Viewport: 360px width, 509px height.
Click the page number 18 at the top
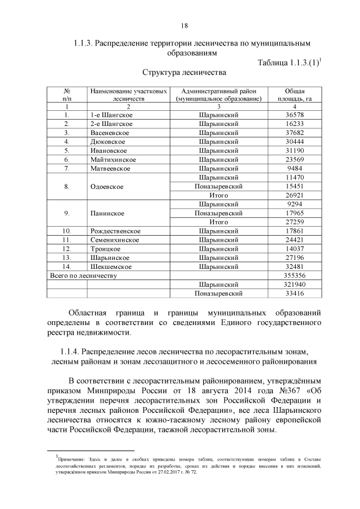184,25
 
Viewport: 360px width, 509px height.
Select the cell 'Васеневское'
110,133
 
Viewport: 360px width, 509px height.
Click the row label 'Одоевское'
107,186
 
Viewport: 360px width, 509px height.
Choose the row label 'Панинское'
107,213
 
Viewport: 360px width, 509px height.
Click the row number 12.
67,249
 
